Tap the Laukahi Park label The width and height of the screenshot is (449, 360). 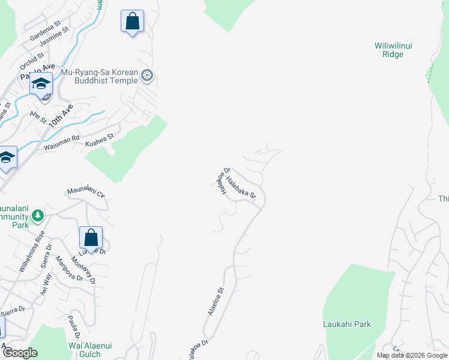[346, 324]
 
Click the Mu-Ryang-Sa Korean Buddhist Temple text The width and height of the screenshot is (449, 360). [100, 77]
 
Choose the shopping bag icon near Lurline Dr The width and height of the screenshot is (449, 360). [91, 238]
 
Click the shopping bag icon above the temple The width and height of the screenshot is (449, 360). [132, 22]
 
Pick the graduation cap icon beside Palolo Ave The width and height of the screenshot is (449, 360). [41, 84]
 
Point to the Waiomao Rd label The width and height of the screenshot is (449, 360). [61, 143]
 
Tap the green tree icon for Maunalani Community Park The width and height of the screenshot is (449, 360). [37, 215]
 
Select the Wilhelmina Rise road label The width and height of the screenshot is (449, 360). [31, 251]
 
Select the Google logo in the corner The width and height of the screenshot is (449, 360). [20, 353]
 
